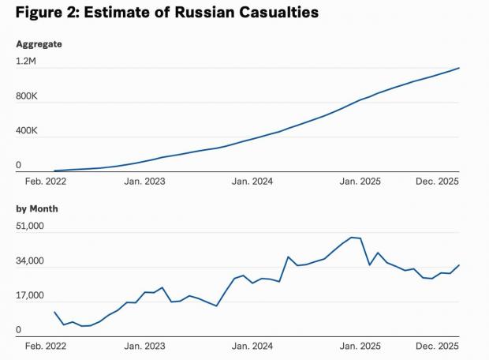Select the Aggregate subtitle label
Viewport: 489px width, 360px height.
[39, 43]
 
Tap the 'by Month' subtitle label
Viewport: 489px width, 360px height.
[37, 208]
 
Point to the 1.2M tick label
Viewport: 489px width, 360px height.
[28, 61]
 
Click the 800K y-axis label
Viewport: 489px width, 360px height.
[28, 96]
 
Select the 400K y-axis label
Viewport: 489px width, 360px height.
[28, 130]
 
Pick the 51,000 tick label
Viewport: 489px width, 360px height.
[30, 227]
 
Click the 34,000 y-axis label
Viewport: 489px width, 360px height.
[30, 261]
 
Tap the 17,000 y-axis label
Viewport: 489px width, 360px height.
[30, 297]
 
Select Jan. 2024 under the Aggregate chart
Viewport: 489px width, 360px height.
[252, 181]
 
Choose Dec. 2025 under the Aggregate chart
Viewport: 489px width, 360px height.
[437, 181]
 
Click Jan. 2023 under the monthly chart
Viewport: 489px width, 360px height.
[145, 346]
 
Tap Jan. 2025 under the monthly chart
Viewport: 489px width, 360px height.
[360, 346]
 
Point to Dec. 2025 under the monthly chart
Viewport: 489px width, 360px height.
[437, 346]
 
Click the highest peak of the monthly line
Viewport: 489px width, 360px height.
[352, 237]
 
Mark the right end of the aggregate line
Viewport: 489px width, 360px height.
[459, 68]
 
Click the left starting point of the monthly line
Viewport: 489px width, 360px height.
[54, 312]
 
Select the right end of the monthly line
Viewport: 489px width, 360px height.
[459, 265]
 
